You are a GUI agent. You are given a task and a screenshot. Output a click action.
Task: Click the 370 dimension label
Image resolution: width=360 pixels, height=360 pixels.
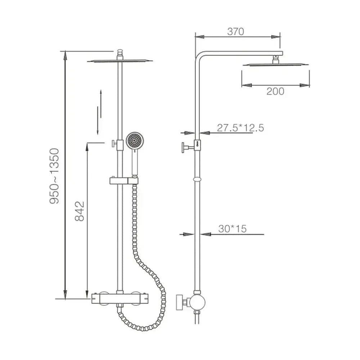coord(235,32)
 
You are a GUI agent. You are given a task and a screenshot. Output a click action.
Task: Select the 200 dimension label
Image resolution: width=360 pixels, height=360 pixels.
coord(275,91)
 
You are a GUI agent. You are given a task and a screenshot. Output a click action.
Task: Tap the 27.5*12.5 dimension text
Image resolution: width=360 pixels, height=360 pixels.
coord(240,128)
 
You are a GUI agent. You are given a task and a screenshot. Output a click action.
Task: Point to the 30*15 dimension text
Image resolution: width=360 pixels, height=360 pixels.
coord(232,229)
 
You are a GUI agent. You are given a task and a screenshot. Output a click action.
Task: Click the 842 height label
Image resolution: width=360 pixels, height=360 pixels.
coord(80,211)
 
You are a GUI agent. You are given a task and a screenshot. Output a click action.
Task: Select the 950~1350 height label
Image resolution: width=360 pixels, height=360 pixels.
coord(54,176)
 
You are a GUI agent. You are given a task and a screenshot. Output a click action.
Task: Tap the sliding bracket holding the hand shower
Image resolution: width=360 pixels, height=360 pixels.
coord(124,180)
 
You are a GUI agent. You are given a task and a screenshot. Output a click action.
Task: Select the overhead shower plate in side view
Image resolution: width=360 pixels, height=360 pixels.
coord(275,65)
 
